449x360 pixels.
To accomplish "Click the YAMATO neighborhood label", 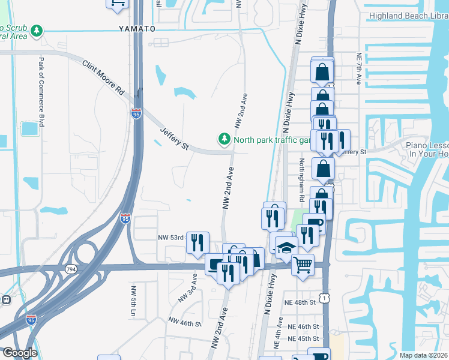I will click(137, 29).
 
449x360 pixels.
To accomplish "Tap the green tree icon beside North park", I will click(224, 139).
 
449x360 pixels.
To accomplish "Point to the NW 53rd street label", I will click(170, 238).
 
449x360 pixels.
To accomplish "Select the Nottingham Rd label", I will click(302, 179).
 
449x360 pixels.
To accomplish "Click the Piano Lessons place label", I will click(427, 149).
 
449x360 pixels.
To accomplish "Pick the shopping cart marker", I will click(303, 264).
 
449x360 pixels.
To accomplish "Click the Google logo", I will click(20, 353).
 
